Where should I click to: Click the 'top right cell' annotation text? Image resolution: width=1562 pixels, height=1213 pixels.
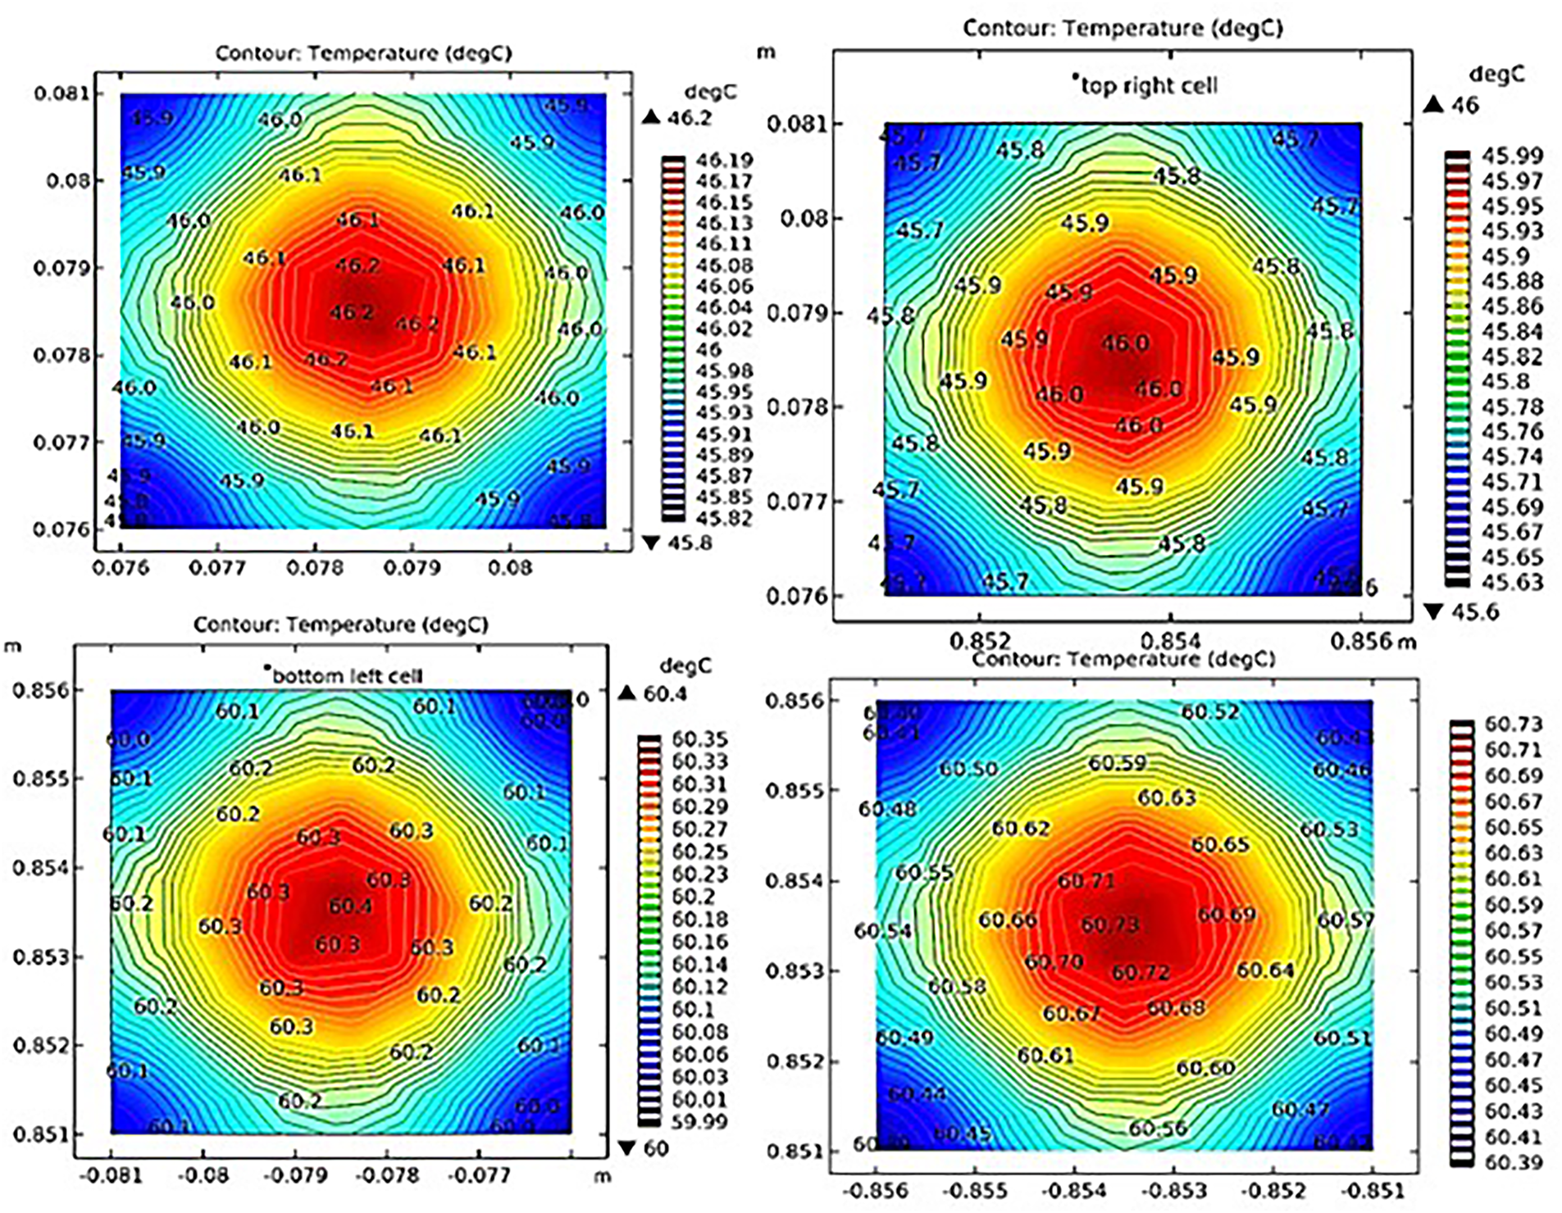point(1149,85)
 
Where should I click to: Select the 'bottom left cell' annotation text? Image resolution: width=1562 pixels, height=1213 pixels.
point(347,676)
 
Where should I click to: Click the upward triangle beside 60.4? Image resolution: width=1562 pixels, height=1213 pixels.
point(627,693)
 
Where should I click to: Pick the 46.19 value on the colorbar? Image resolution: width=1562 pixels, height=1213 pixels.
point(724,161)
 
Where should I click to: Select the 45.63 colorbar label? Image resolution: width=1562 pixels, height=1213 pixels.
point(1512,582)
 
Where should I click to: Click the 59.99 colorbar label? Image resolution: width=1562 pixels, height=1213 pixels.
point(699,1121)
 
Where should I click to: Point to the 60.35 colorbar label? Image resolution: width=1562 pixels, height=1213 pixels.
point(699,740)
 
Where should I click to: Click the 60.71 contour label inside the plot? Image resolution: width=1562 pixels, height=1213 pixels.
point(1086,881)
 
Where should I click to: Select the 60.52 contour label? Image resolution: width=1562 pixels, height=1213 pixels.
point(1209,712)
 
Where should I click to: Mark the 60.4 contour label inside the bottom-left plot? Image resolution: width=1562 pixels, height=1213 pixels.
point(350,906)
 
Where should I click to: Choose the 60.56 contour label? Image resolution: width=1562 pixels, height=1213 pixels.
point(1157,1129)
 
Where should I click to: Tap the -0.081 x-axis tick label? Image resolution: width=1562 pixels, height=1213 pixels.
point(112,1175)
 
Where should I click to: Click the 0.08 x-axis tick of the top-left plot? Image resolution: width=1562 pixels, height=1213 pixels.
point(509,567)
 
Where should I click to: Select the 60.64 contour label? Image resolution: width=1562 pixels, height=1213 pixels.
point(1264,970)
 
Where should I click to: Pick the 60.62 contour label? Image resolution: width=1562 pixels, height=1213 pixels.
point(1020,829)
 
